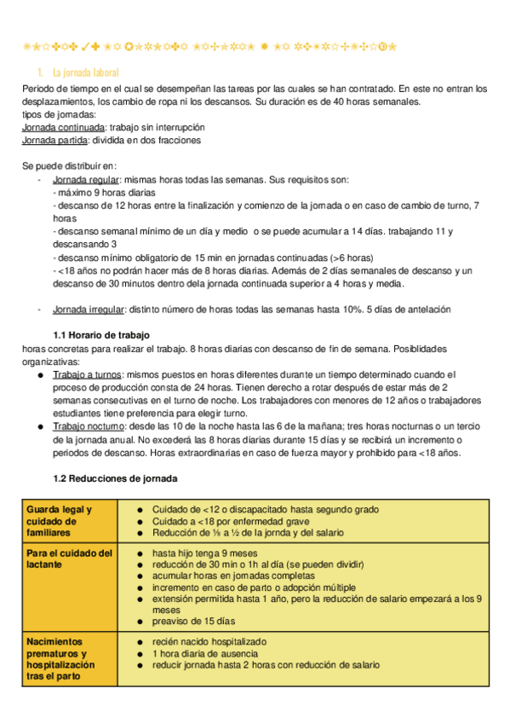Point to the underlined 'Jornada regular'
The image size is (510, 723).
(86, 180)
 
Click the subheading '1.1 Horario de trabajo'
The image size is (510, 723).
(101, 335)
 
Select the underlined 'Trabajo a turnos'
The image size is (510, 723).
(87, 374)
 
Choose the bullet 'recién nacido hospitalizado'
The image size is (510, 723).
(209, 640)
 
